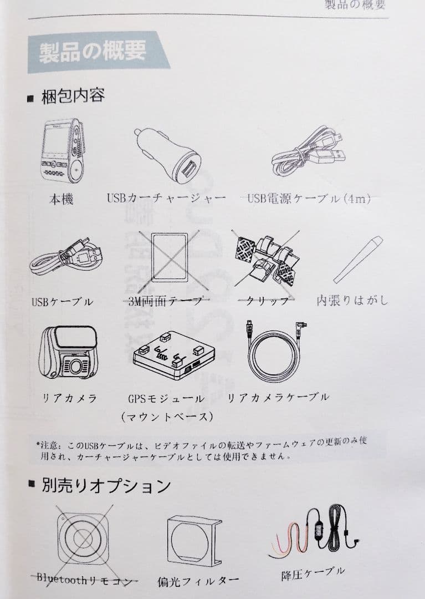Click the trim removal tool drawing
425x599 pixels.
coord(358,257)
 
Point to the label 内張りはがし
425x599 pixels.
coord(352,301)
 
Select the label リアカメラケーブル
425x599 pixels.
coord(279,397)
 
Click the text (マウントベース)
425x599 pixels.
coord(166,416)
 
